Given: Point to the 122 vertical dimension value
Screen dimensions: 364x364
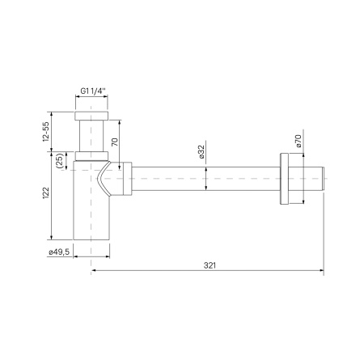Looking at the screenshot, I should [46, 193].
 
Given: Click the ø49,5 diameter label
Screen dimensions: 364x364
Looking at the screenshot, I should [57, 252].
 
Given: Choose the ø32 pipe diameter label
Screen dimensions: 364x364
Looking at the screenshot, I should [200, 151].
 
